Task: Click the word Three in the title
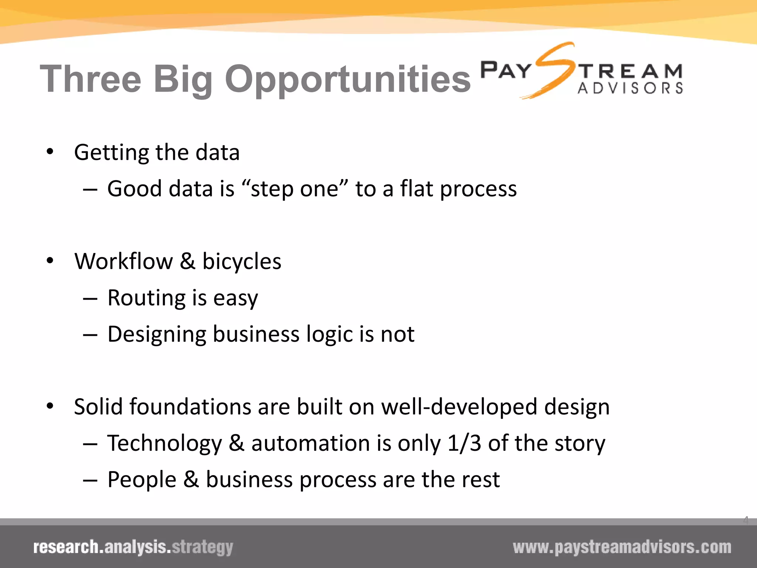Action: click(x=91, y=79)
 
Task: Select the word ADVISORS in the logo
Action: click(x=630, y=88)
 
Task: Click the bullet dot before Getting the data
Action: click(x=50, y=152)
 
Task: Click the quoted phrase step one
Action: click(x=294, y=189)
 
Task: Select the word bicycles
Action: click(x=242, y=262)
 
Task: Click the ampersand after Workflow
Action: click(x=187, y=261)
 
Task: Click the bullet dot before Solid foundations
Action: click(x=50, y=406)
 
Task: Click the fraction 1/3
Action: click(x=464, y=443)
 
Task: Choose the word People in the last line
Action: click(x=142, y=480)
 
